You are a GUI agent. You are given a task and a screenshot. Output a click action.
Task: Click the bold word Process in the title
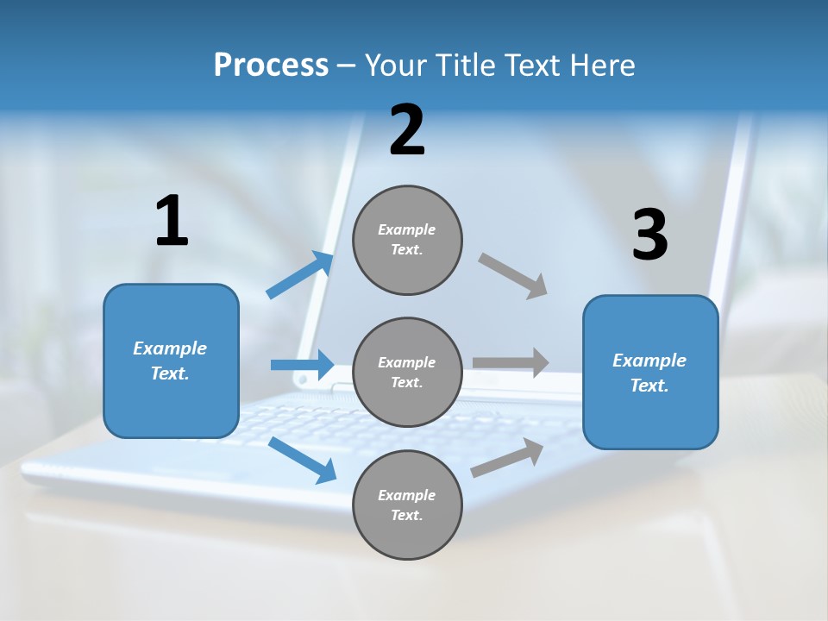[x=271, y=65]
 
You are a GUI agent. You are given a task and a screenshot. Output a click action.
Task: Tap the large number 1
[x=172, y=221]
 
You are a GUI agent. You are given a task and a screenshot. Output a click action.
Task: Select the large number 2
[x=407, y=130]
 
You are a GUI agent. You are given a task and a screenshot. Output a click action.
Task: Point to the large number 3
[x=649, y=235]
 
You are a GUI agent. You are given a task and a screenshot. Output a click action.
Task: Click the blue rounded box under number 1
[x=171, y=361]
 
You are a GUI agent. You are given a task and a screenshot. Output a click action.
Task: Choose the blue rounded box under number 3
[x=650, y=372]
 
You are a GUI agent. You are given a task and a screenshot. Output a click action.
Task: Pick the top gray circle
[x=407, y=240]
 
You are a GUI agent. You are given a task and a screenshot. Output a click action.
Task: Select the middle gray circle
[x=407, y=372]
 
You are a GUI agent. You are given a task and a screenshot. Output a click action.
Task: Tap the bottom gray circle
[x=407, y=505]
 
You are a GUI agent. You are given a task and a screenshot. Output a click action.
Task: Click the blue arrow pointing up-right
[x=300, y=275]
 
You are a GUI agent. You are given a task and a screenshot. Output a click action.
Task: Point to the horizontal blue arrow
[x=302, y=365]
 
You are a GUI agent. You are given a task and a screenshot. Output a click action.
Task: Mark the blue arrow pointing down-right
[x=302, y=460]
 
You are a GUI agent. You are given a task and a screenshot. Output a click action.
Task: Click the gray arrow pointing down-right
[x=513, y=276]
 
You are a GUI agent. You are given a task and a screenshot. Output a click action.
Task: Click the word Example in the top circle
[x=406, y=229]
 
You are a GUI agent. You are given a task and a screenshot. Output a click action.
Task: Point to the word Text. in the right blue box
[x=649, y=386]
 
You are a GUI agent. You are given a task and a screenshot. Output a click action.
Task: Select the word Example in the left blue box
[x=170, y=348]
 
